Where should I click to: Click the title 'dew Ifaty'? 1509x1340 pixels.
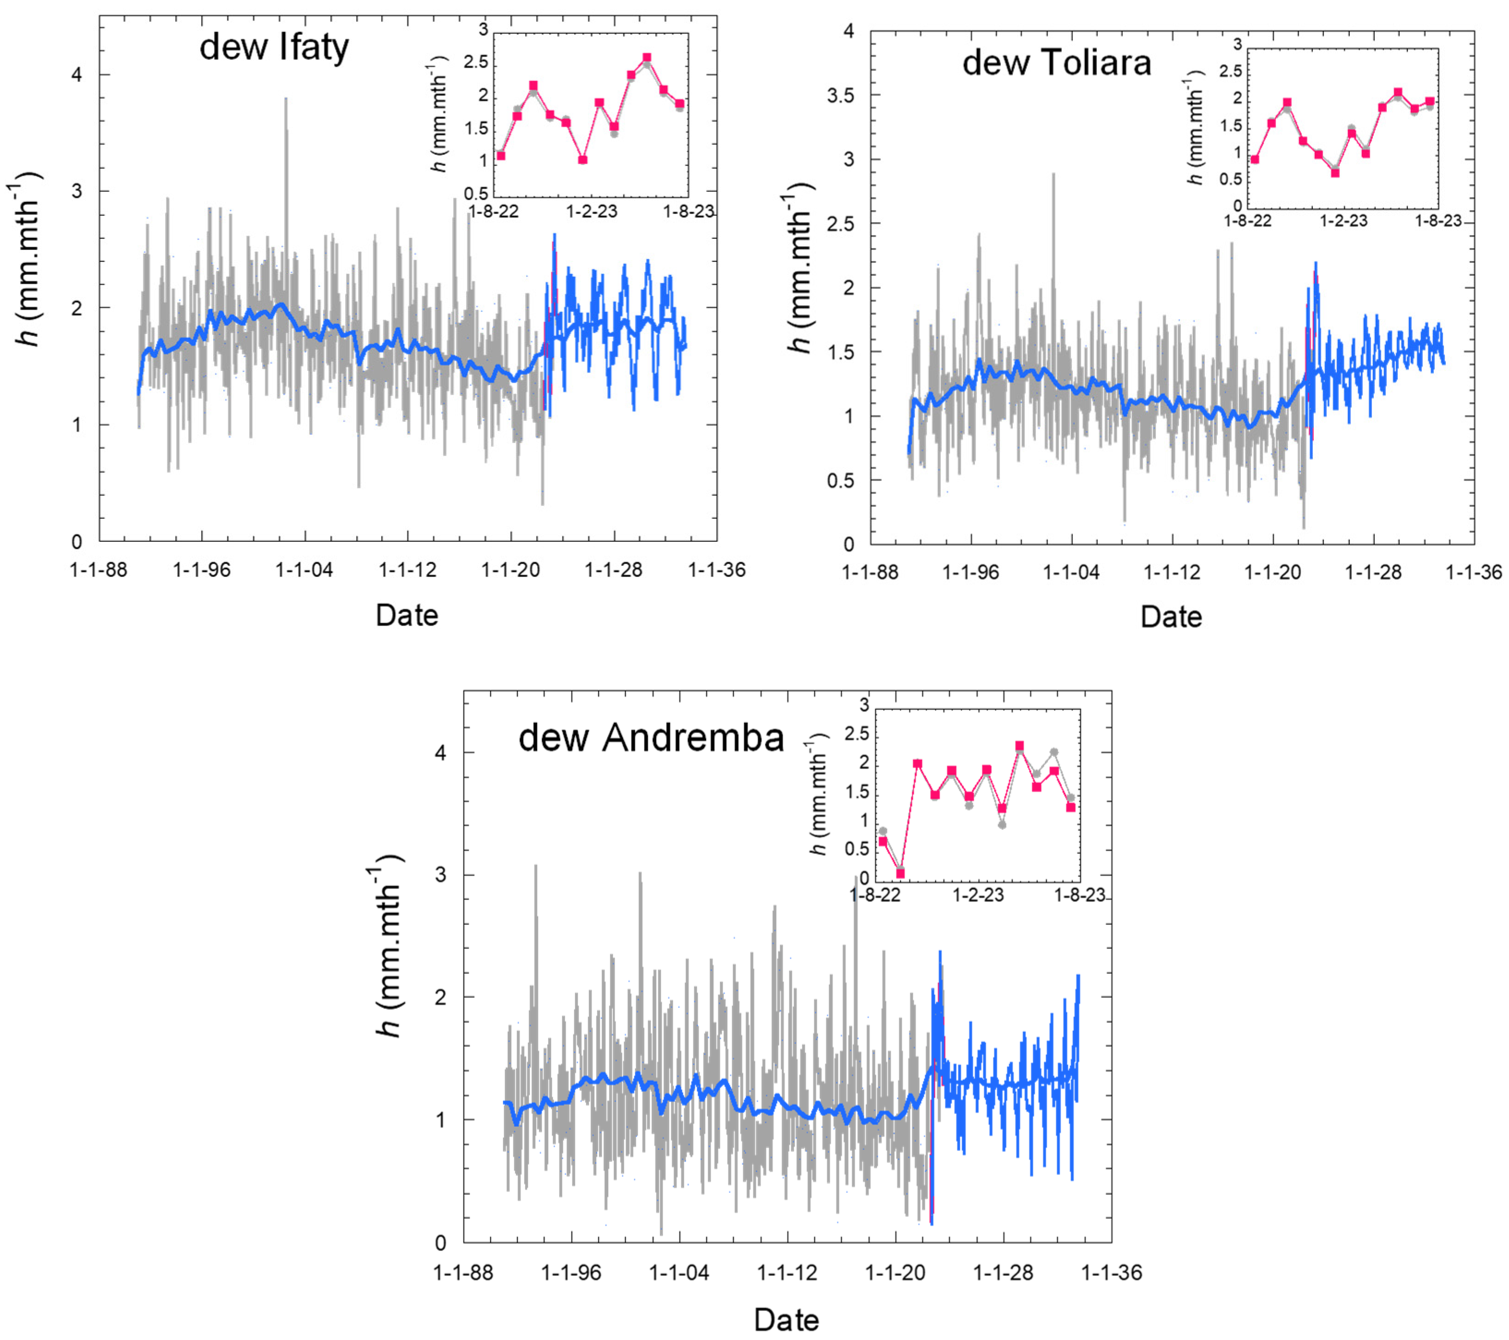coord(274,48)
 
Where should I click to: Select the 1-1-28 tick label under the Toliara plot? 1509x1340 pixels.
coord(1373,573)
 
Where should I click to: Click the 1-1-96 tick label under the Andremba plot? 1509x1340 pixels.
coord(571,1273)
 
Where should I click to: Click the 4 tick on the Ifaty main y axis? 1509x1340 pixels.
coord(77,75)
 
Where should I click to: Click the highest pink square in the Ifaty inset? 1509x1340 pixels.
coord(647,58)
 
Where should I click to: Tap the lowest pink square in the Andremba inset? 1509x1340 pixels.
coord(900,874)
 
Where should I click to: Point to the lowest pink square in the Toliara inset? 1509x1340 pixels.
coord(1335,172)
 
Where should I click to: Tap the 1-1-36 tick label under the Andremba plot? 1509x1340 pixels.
coord(1112,1273)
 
